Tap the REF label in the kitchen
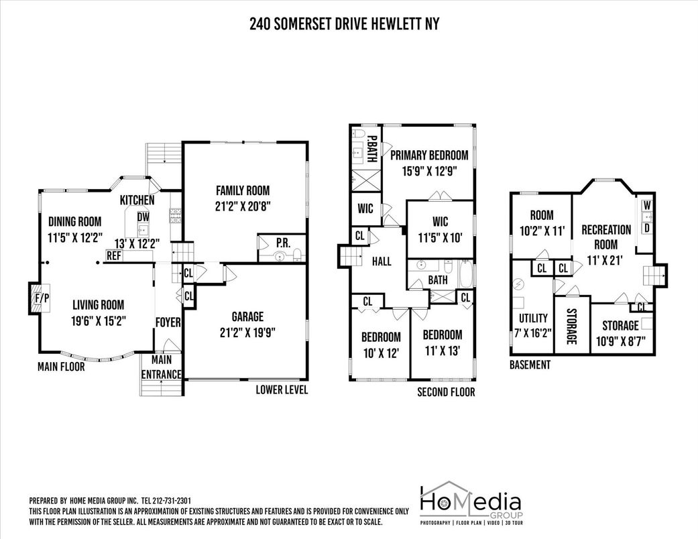114,256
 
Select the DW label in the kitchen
143,217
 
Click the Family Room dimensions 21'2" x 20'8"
243,206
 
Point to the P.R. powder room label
283,243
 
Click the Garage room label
247,317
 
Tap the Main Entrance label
161,367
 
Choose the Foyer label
168,322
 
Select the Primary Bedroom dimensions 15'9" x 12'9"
429,172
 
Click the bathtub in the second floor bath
467,274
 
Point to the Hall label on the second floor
382,261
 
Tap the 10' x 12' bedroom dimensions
381,353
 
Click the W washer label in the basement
647,206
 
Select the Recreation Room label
606,237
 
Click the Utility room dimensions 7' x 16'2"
533,333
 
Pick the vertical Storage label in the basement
571,326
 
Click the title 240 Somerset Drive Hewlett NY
344,23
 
